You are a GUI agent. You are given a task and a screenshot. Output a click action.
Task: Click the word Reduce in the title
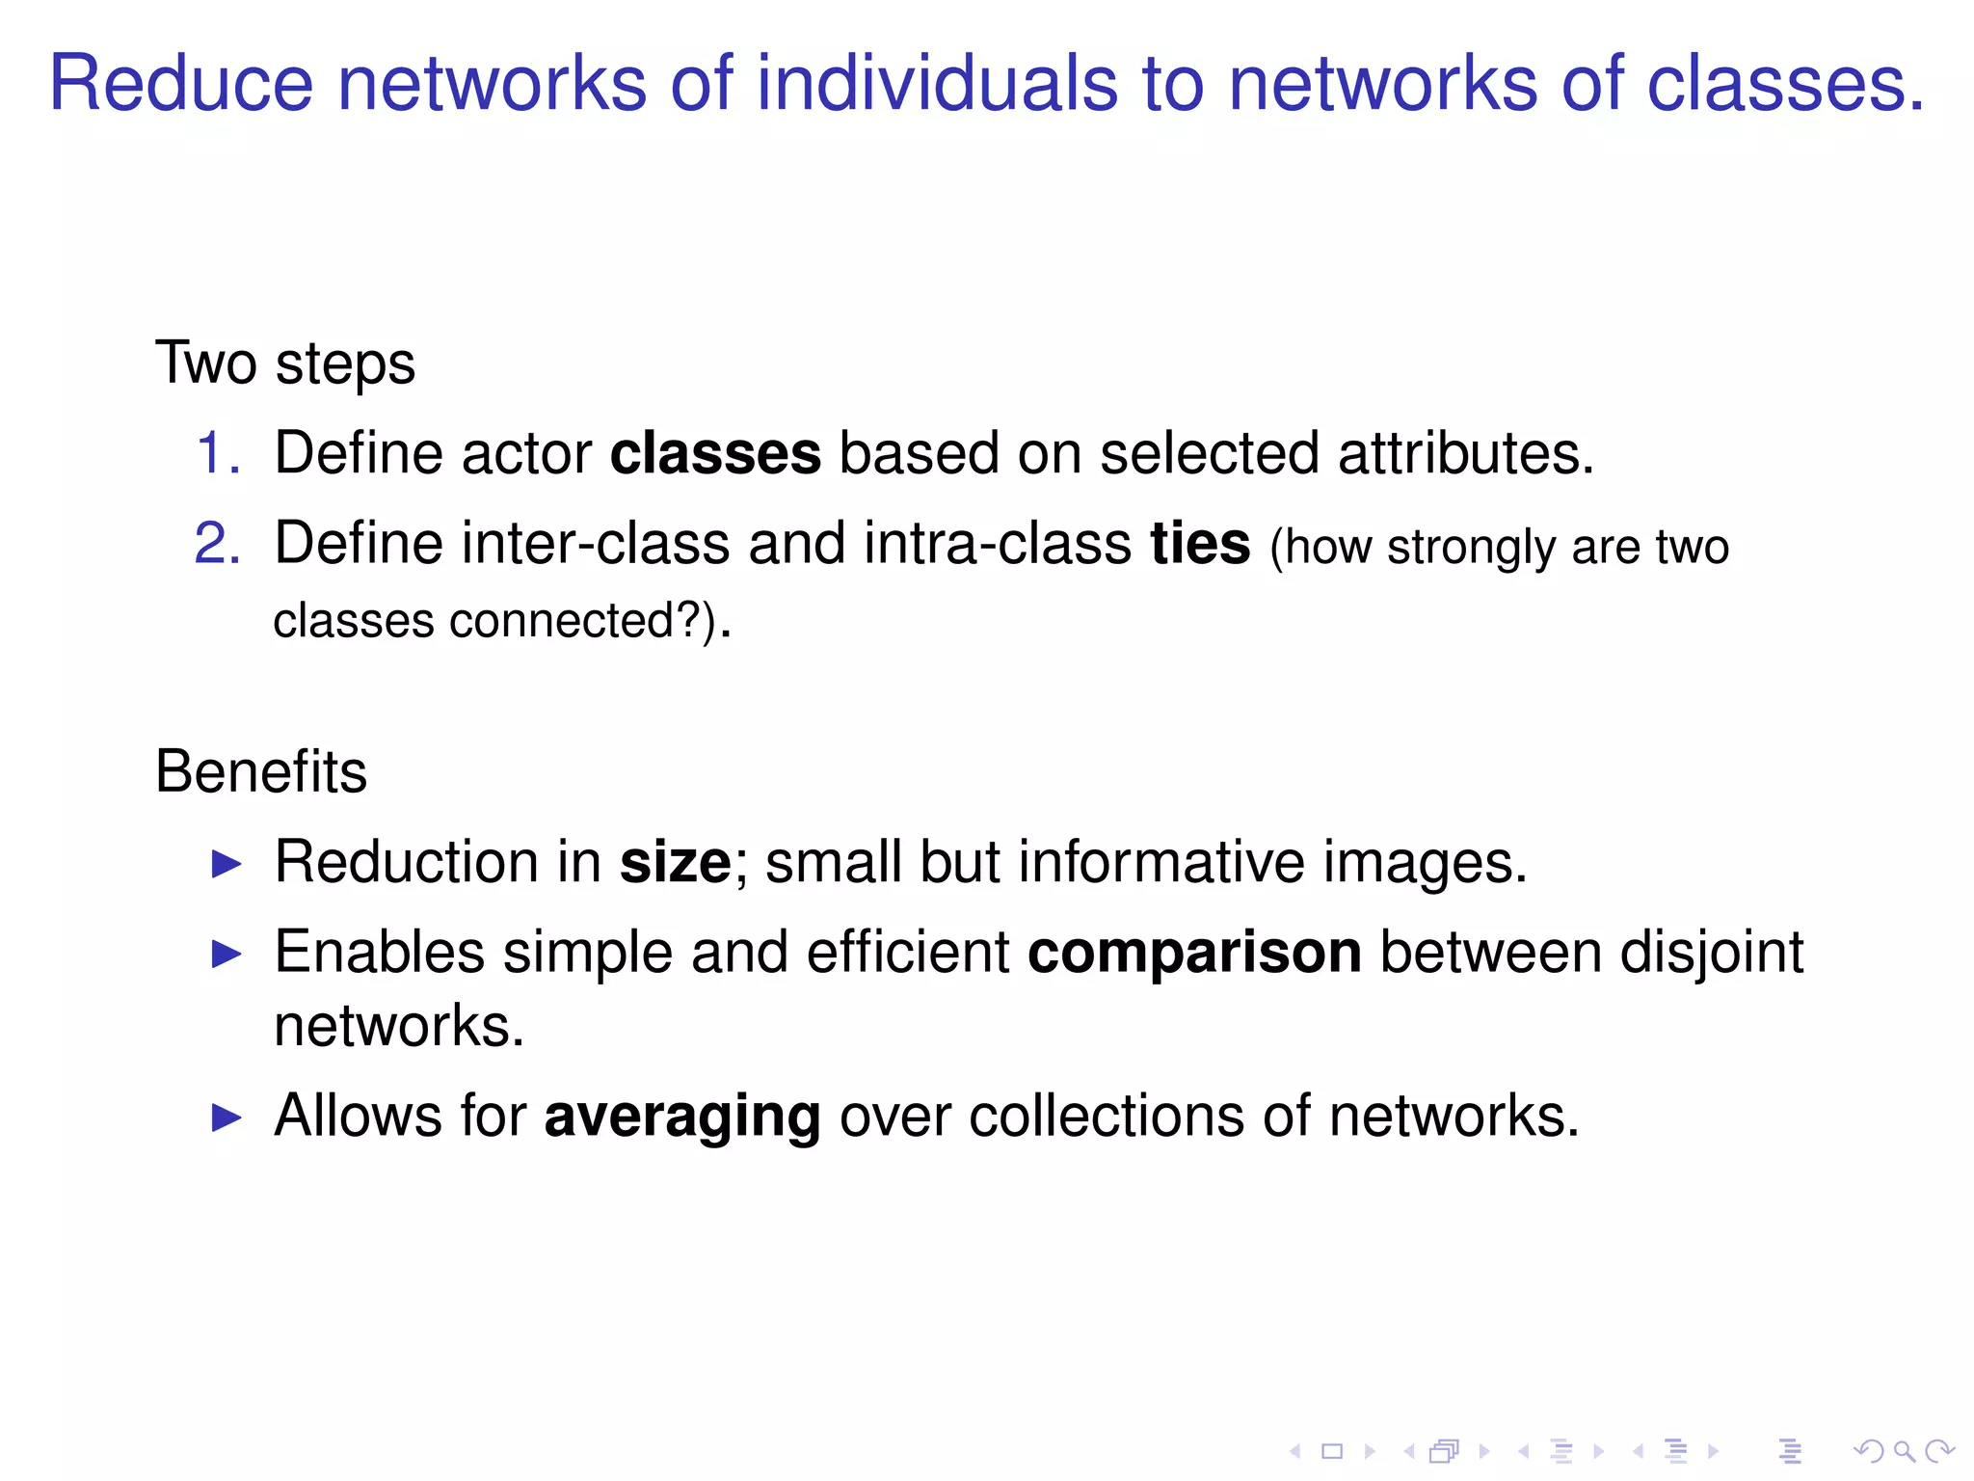point(181,84)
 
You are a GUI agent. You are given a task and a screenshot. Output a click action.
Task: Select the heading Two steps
point(285,364)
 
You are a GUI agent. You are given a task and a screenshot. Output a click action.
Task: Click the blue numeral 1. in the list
point(218,453)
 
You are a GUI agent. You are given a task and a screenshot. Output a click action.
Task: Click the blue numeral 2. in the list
point(218,543)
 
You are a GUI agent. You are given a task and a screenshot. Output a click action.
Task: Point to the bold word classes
point(715,453)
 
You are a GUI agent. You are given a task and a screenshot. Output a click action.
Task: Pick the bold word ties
point(1200,543)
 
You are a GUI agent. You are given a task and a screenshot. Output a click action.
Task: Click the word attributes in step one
point(1465,453)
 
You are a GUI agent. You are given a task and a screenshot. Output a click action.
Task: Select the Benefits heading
point(261,771)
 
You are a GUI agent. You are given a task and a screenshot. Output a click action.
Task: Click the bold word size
point(675,861)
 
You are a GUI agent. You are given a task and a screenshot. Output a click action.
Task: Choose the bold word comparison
point(1195,952)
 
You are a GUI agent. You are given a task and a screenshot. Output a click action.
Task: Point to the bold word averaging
point(682,1116)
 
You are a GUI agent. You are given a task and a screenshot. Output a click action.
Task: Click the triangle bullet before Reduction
point(227,863)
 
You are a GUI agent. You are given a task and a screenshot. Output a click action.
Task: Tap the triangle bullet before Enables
point(227,954)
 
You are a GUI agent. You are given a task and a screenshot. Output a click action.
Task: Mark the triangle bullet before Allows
point(227,1117)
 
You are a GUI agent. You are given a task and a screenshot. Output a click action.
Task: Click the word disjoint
point(1711,952)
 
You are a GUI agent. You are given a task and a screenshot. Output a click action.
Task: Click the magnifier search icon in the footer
point(1904,1450)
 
